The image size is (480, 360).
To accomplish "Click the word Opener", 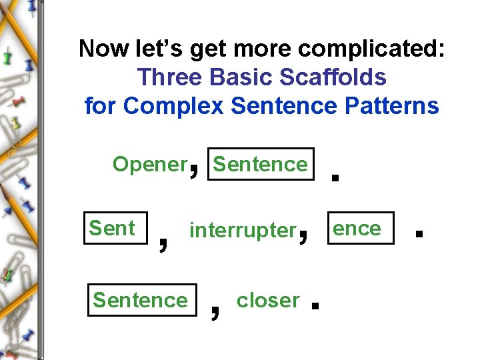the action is click(149, 164).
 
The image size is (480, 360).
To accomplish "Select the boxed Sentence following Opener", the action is click(261, 164).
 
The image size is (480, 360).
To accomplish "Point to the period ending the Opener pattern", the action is click(335, 177).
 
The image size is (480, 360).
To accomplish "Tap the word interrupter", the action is click(242, 231).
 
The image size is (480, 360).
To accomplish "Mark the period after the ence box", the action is click(419, 233).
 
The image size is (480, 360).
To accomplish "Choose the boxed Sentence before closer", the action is click(141, 300).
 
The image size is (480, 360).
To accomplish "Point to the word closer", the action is click(268, 300).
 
